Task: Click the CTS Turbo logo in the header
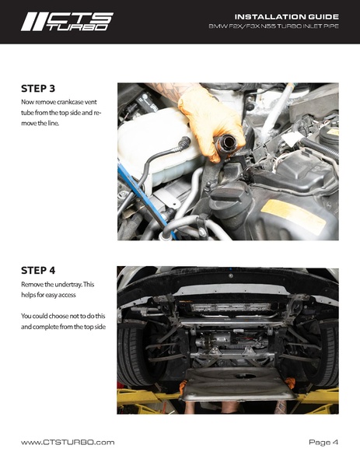coord(67,22)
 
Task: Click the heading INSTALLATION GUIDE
coord(287,16)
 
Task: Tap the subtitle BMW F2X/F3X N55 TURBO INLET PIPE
coord(274,26)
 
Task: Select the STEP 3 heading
coord(38,89)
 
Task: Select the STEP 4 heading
coord(38,271)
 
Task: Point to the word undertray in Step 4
coord(67,285)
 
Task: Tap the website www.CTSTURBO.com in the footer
coord(68,442)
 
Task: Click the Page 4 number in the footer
coord(323,442)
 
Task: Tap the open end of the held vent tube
coord(226,142)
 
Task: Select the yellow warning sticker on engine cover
coord(294,213)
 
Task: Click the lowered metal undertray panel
coord(238,384)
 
